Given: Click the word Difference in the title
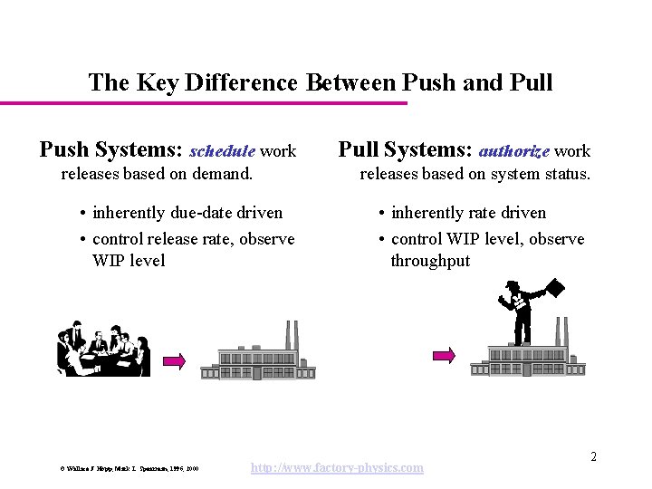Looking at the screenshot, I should pos(242,83).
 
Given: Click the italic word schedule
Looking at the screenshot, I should pos(222,151).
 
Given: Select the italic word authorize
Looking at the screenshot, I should pos(513,151).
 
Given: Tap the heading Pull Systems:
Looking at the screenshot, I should pos(405,149).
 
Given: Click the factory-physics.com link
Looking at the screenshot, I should pos(337,467).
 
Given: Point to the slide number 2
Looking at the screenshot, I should pos(593,457).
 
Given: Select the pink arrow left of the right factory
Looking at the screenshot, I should pos(445,356).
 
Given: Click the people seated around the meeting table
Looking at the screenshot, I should pos(102,350).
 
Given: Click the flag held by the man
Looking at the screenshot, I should pos(554,288).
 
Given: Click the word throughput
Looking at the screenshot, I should pos(430,261).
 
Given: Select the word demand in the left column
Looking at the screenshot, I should pos(221,173).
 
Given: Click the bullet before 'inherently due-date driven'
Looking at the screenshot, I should pos(82,214).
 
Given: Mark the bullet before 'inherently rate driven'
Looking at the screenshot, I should pos(383,214).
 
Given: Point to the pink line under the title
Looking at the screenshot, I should pos(204,103).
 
